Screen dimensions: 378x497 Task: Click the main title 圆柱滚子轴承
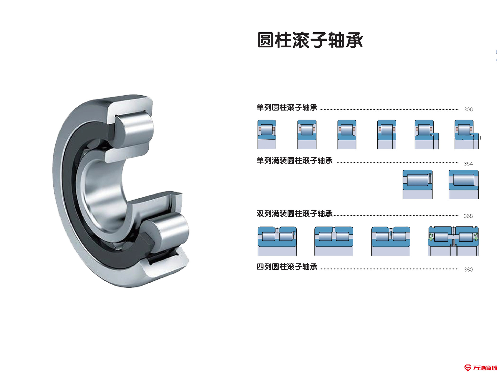pyautogui.click(x=310, y=40)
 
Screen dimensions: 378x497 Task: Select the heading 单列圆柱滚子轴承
pyautogui.click(x=287, y=107)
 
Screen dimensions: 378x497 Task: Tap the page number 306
pyautogui.click(x=468, y=110)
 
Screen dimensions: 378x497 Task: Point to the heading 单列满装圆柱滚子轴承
pyautogui.click(x=294, y=161)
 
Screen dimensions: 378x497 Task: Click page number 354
pyautogui.click(x=468, y=164)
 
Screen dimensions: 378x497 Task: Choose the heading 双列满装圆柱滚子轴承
pyautogui.click(x=294, y=214)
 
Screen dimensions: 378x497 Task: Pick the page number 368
pyautogui.click(x=468, y=216)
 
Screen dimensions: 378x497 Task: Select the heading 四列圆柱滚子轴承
pyautogui.click(x=287, y=267)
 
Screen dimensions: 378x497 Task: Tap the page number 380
pyautogui.click(x=468, y=270)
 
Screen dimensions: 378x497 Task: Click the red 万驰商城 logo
pyautogui.click(x=480, y=368)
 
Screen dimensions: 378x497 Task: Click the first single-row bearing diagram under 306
pyautogui.click(x=267, y=134)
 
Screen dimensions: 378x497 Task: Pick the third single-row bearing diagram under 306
pyautogui.click(x=347, y=134)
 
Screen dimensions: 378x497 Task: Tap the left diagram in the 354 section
pyautogui.click(x=418, y=184)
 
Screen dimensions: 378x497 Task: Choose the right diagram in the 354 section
pyautogui.click(x=463, y=184)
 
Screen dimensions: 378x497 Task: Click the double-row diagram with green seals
pyautogui.click(x=453, y=241)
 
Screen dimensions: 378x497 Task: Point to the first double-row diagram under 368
pyautogui.click(x=277, y=241)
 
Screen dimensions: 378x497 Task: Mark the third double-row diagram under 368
pyautogui.click(x=391, y=241)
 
